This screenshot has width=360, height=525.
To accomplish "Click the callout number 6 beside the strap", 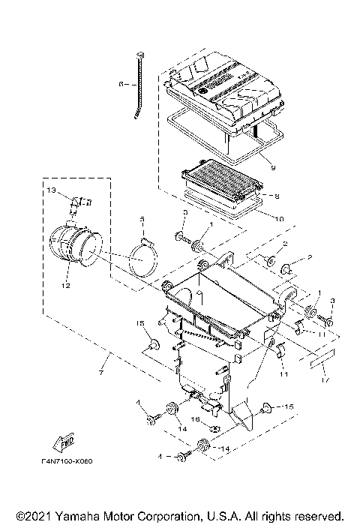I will pos(121,85).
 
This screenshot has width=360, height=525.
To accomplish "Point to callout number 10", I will pos(278,220).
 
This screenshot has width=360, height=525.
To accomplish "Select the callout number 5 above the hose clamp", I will pos(141,220).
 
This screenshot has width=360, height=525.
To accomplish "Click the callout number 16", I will pos(193,421).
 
